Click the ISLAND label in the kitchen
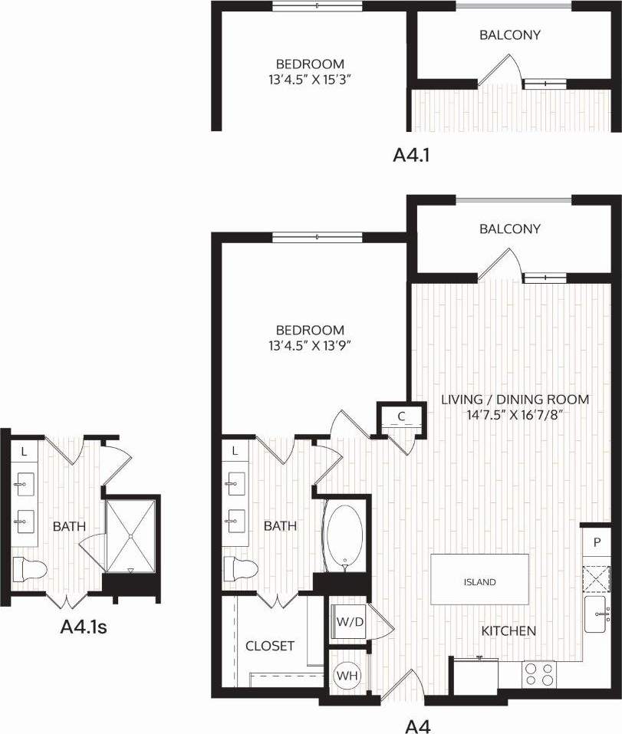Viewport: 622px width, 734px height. tap(479, 582)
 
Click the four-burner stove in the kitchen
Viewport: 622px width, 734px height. tap(539, 674)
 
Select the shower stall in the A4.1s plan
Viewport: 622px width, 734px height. tap(130, 535)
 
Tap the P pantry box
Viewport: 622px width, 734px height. tap(597, 541)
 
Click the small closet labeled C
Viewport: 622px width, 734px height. tap(401, 417)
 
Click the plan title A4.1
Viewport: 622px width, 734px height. tap(410, 155)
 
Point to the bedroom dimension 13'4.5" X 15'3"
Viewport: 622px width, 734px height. tap(310, 78)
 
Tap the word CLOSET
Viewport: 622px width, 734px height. tap(269, 647)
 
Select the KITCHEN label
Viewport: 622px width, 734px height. tap(508, 631)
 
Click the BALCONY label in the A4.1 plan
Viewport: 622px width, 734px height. tap(510, 35)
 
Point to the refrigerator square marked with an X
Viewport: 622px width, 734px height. tap(597, 577)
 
